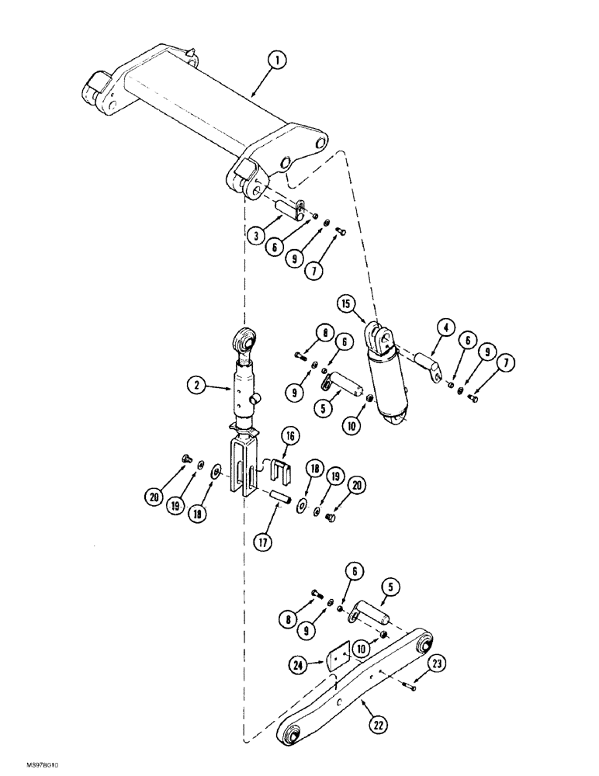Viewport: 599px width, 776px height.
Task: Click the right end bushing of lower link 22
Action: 424,644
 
